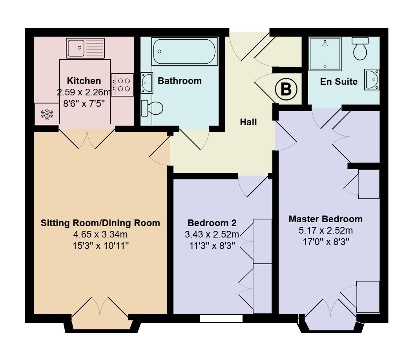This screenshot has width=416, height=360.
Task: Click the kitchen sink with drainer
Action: pyautogui.click(x=86, y=48)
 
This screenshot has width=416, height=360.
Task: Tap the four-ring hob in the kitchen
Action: pyautogui.click(x=122, y=85)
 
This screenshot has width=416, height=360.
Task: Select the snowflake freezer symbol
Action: pyautogui.click(x=47, y=114)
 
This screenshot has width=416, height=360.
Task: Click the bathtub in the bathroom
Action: pyautogui.click(x=184, y=51)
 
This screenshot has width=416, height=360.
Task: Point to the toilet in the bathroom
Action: pyautogui.click(x=151, y=108)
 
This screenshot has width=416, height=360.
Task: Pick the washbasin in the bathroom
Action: pyautogui.click(x=146, y=82)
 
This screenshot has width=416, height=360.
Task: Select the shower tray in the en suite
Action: pyautogui.click(x=325, y=54)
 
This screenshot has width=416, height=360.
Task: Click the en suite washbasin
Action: pyautogui.click(x=372, y=80)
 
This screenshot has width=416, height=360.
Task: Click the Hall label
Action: pyautogui.click(x=248, y=122)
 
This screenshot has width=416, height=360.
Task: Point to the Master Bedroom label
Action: pyautogui.click(x=325, y=219)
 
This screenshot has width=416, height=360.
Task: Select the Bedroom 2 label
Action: pyautogui.click(x=212, y=223)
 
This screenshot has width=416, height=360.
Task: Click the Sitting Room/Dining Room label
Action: pyautogui.click(x=100, y=223)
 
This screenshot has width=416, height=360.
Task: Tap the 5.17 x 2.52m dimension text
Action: pyautogui.click(x=325, y=230)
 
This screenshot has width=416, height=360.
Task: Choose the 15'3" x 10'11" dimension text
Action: pyautogui.click(x=100, y=246)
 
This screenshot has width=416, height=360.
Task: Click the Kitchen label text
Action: pyautogui.click(x=84, y=81)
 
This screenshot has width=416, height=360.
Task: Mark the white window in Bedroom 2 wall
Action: pyautogui.click(x=221, y=318)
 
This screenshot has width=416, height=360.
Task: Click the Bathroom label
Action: pyautogui.click(x=179, y=81)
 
